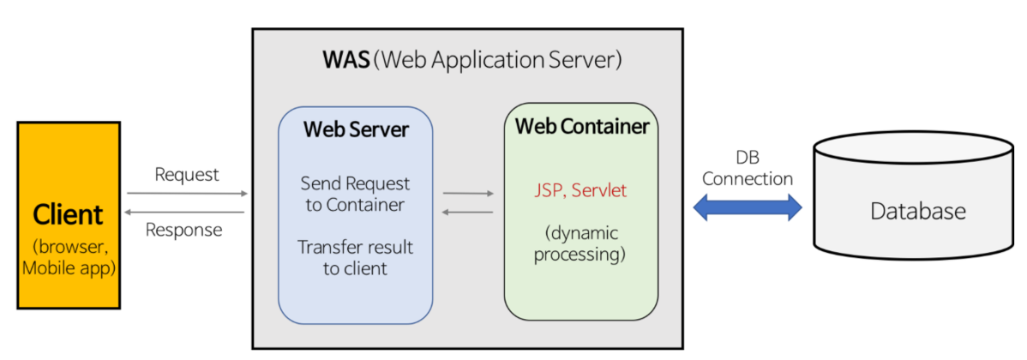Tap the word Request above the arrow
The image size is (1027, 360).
[187, 175]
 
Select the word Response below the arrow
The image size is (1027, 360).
[183, 230]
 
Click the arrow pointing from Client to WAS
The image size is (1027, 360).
[186, 194]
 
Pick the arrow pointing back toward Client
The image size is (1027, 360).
[186, 212]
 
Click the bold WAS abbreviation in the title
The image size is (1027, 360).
[345, 61]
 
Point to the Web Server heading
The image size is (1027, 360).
[355, 131]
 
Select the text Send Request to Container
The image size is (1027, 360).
[355, 195]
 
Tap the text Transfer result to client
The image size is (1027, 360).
[355, 257]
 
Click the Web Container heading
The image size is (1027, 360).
[581, 126]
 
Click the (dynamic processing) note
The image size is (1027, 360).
[580, 243]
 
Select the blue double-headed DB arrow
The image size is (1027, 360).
[747, 207]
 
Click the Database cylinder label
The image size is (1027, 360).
[918, 211]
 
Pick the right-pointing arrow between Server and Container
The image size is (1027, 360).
[468, 194]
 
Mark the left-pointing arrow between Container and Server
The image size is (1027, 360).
[468, 211]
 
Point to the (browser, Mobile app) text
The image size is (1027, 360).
[67, 257]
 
